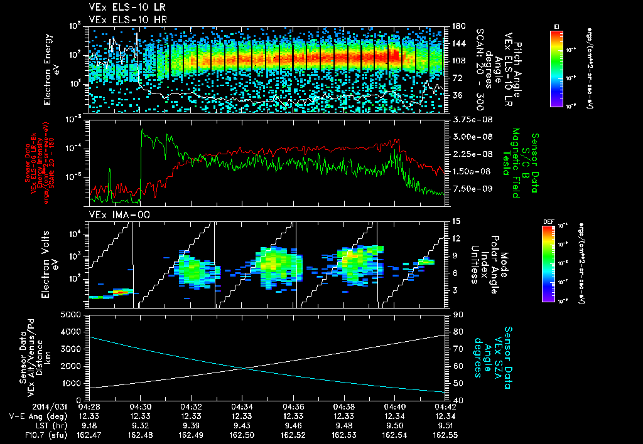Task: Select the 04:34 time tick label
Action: click(x=242, y=406)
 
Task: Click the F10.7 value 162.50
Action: click(x=242, y=435)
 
